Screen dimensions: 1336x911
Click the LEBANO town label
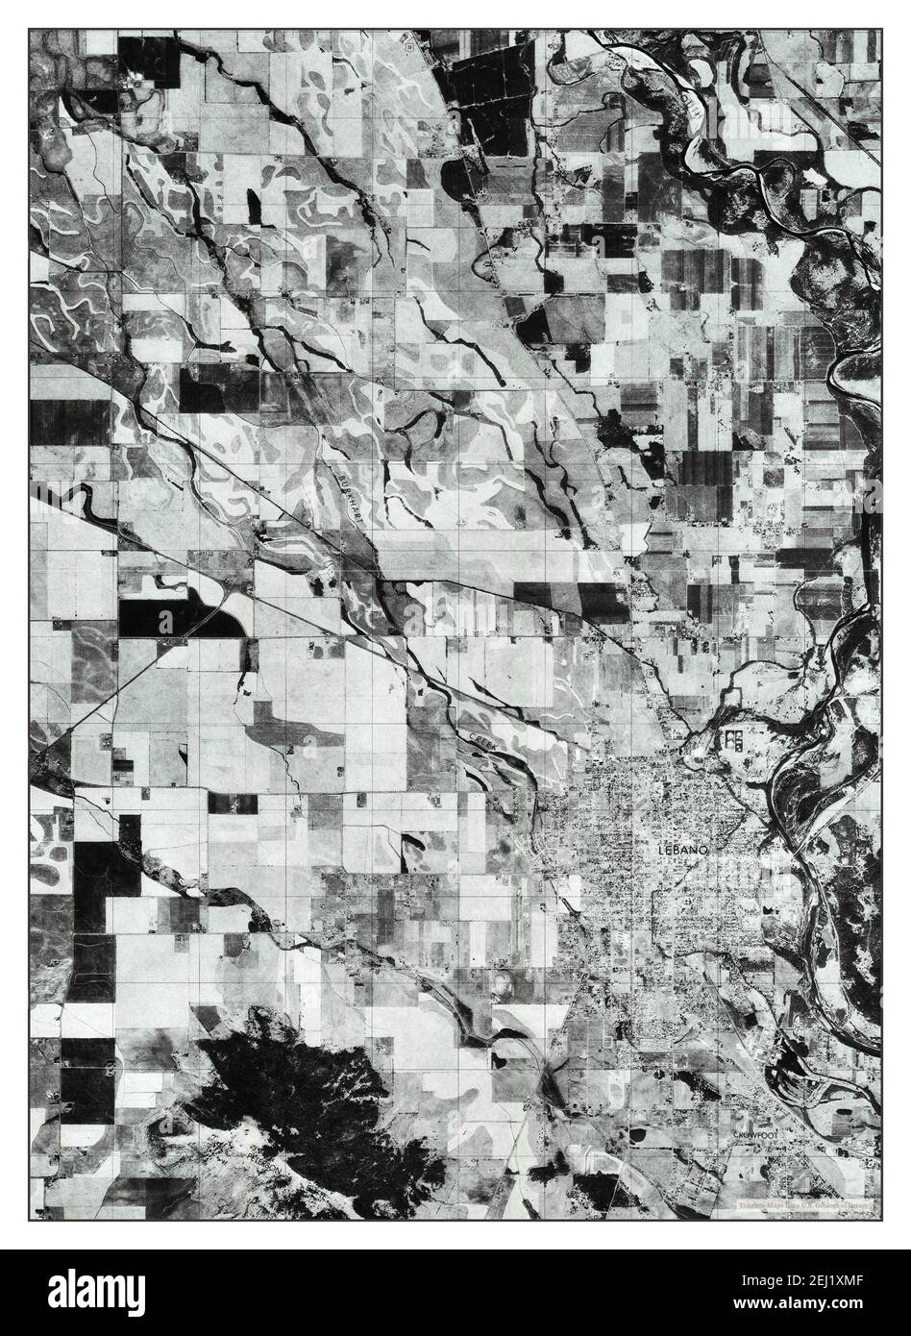(683, 851)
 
